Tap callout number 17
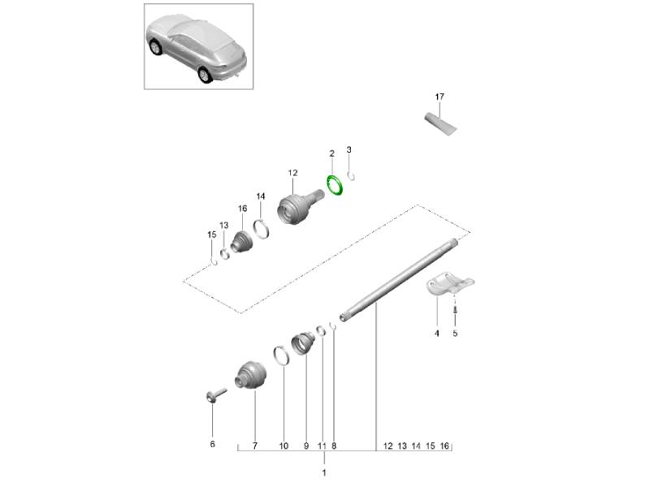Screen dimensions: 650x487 click(x=440, y=97)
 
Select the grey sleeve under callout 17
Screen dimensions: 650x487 click(x=440, y=123)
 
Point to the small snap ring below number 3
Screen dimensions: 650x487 click(x=351, y=176)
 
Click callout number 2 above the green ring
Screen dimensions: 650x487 click(x=331, y=153)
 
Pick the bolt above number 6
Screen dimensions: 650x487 click(x=215, y=395)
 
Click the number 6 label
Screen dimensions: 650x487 click(x=213, y=444)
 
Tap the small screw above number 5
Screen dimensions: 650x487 click(x=455, y=309)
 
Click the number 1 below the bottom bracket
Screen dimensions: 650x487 click(x=324, y=472)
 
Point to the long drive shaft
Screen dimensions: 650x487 click(x=399, y=279)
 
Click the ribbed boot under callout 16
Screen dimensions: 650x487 click(x=241, y=242)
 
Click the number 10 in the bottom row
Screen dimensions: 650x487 click(x=284, y=446)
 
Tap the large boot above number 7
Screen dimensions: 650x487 click(x=250, y=375)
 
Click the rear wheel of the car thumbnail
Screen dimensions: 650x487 click(x=205, y=75)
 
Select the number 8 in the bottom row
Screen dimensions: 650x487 click(x=334, y=446)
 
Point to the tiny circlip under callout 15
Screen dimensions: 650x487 click(x=214, y=261)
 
